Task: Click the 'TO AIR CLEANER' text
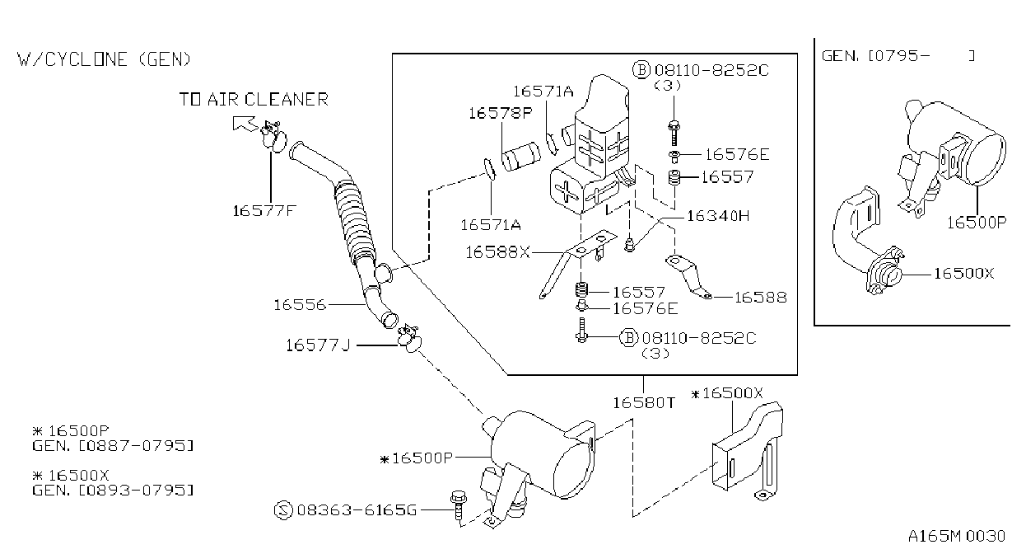[x=254, y=100]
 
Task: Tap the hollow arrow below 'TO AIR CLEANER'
[x=245, y=124]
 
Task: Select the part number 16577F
[x=264, y=211]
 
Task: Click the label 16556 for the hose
[x=300, y=305]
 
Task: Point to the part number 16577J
[x=318, y=345]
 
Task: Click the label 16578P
[x=501, y=113]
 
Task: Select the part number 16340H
[x=718, y=216]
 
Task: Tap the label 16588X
[x=497, y=252]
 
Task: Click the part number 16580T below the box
[x=643, y=402]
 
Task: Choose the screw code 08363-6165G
[x=357, y=510]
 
